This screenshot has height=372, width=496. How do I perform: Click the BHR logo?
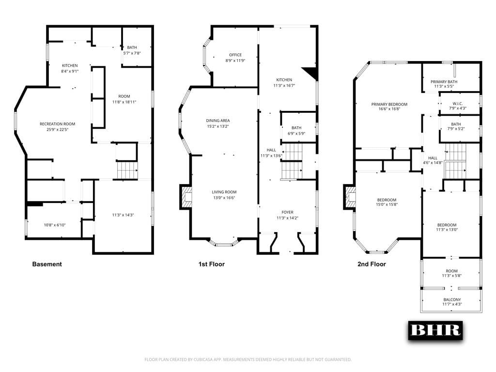435,330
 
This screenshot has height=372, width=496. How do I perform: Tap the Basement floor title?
47,264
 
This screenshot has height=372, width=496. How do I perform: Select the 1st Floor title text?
212,264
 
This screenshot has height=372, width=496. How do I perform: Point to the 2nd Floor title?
372,264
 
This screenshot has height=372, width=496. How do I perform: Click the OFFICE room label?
235,55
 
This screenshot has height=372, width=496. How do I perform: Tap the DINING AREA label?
218,121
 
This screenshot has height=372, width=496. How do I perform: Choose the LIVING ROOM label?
224,192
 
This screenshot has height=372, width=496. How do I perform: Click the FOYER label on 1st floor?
288,212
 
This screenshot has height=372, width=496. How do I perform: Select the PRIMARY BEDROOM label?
389,104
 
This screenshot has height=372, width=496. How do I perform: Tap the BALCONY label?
452,299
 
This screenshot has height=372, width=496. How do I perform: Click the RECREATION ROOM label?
58,124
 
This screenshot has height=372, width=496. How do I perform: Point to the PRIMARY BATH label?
444,82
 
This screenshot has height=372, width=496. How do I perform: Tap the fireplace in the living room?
186,197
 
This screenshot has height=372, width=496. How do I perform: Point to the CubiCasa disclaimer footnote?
248,359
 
